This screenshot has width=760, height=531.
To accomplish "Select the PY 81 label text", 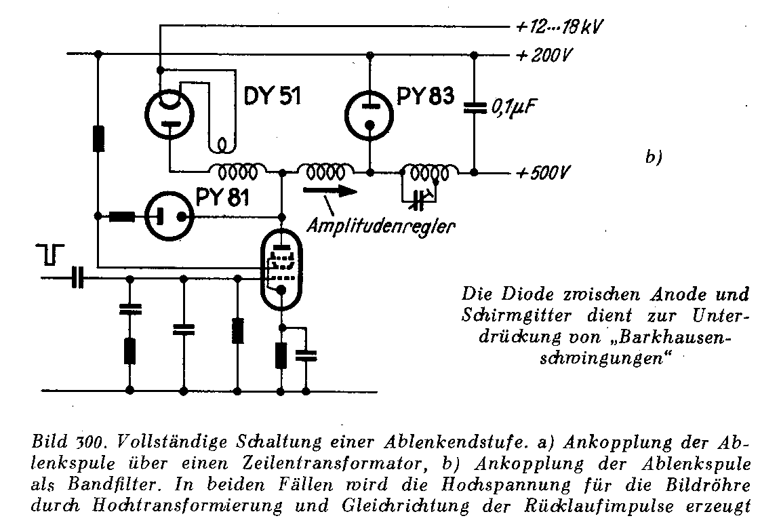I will pyautogui.click(x=223, y=197).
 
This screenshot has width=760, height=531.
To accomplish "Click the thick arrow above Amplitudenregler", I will pyautogui.click(x=332, y=191).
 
